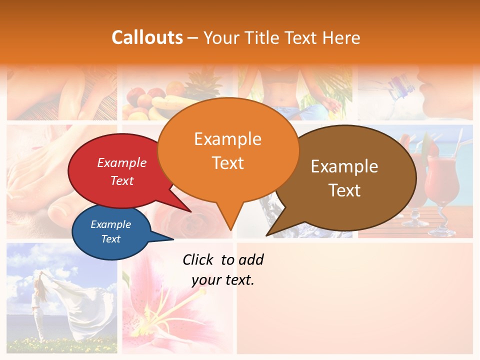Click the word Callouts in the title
(147, 37)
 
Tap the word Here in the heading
(342, 38)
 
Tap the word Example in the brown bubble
(344, 166)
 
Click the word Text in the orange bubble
(228, 163)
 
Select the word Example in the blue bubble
(111, 224)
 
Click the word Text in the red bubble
(122, 181)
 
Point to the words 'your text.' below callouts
(223, 280)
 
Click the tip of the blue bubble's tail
(173, 239)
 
